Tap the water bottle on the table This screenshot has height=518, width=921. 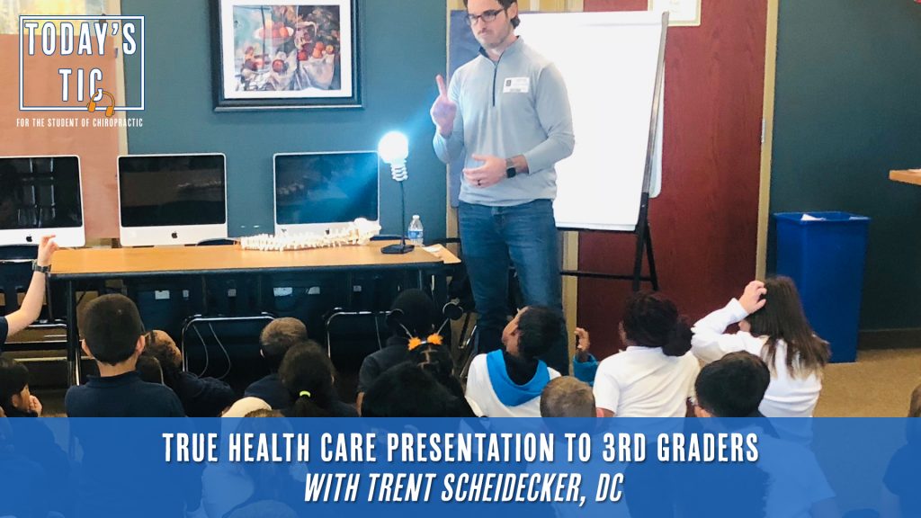[x=416, y=230]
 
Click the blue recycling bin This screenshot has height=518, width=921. [x=821, y=286]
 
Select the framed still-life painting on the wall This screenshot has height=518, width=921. [x=286, y=54]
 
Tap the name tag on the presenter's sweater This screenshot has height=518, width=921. [x=515, y=85]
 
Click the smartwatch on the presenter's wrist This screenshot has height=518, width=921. [x=511, y=168]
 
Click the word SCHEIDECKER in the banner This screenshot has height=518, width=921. [x=510, y=487]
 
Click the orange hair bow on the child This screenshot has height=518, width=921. [x=426, y=341]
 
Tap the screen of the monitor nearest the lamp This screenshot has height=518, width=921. [x=326, y=188]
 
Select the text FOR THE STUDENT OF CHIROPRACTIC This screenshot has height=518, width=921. [x=80, y=122]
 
